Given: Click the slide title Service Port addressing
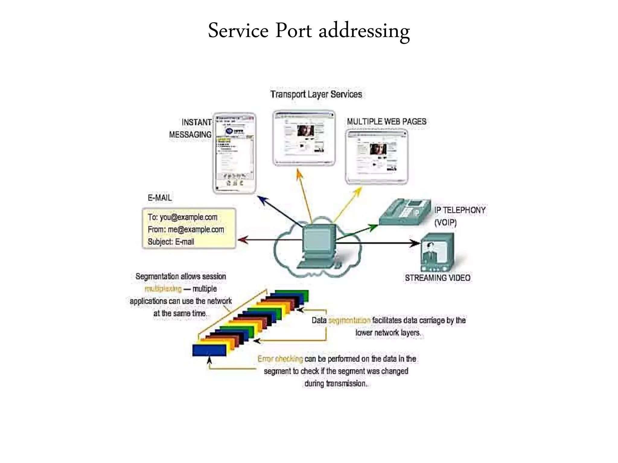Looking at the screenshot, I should tap(309, 31).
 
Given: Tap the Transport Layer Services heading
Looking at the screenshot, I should tap(316, 94).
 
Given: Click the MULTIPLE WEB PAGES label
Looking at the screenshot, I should tap(387, 122).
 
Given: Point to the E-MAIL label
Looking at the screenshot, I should tap(160, 198).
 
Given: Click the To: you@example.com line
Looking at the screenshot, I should tap(182, 217).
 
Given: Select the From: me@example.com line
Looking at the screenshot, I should tap(186, 230).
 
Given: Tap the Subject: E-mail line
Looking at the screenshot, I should tap(171, 242).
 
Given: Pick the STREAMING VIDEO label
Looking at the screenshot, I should tap(438, 278).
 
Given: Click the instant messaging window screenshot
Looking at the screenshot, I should tap(234, 153).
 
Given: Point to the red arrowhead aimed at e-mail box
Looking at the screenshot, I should tap(242, 240).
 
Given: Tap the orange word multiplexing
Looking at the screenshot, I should tap(163, 289).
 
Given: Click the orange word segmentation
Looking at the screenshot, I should tap(349, 320).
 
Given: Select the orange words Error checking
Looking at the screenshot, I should tap(280, 359).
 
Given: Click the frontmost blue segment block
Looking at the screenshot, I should tap(209, 351).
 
